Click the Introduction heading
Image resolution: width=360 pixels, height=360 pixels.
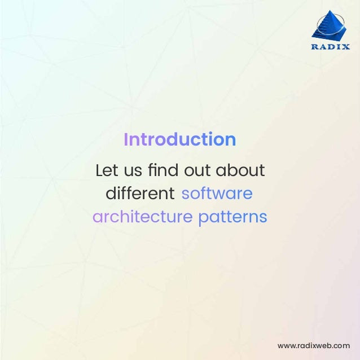coord(179,139)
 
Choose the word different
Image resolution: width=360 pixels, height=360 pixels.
coord(140,194)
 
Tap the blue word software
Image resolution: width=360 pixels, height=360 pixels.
coord(217,194)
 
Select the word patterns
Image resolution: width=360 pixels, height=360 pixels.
coord(232,217)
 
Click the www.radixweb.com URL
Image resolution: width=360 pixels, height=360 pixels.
coord(314,345)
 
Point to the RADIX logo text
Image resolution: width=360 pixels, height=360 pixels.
coord(331,47)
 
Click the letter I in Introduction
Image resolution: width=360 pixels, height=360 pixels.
coord(126,139)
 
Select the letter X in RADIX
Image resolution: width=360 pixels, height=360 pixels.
coord(346,47)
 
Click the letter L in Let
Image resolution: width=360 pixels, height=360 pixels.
coord(99,170)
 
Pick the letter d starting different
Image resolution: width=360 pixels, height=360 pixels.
coord(111,194)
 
